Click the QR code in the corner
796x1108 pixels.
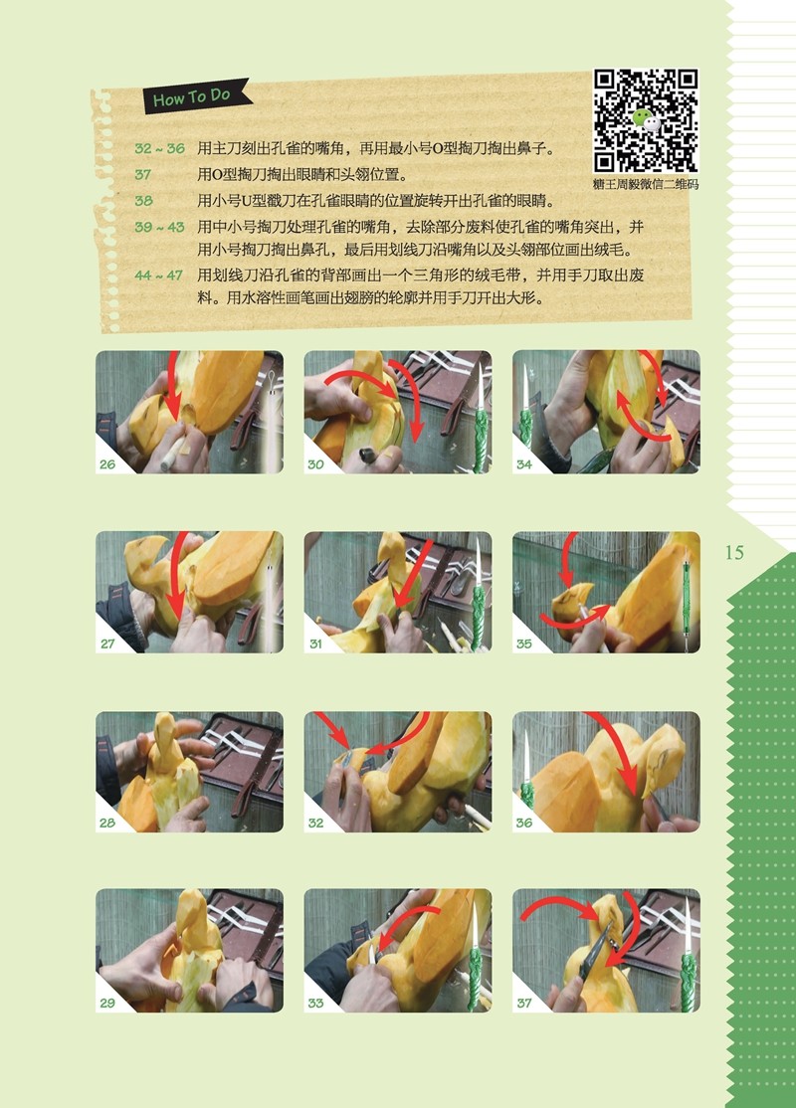click(646, 120)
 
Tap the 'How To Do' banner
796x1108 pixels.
click(197, 96)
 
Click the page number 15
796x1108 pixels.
click(734, 553)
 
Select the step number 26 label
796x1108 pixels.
click(107, 464)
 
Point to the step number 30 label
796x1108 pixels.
click(315, 464)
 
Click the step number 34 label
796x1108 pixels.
click(523, 464)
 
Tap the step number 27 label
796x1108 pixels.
click(107, 644)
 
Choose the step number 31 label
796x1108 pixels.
click(315, 644)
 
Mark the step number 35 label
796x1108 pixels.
click(523, 644)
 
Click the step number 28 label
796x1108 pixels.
click(107, 823)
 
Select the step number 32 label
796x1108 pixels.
click(315, 823)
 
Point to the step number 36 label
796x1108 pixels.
click(523, 823)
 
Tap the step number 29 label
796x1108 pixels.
click(107, 1003)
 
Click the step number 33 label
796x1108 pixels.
click(315, 1003)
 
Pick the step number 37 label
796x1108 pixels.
click(523, 1003)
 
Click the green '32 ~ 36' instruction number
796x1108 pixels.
click(160, 148)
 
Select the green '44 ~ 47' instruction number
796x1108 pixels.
click(159, 275)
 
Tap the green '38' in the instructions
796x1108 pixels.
click(143, 201)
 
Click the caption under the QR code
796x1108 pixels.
click(646, 184)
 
